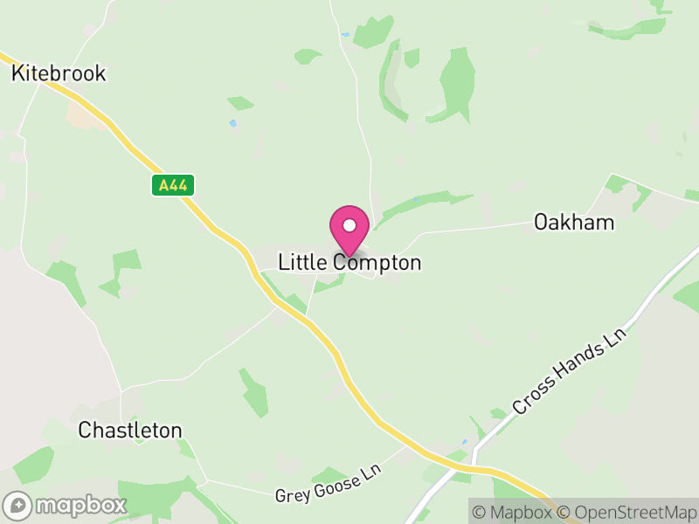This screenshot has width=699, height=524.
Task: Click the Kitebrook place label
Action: tap(59, 73)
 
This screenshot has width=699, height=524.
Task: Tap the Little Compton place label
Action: tap(349, 262)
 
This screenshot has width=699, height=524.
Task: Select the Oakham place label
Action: tap(574, 223)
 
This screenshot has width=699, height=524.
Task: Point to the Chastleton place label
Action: tap(130, 430)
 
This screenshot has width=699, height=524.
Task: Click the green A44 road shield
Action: tap(173, 185)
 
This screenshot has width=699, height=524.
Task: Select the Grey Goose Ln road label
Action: tap(329, 483)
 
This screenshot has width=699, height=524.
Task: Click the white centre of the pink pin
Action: tap(349, 225)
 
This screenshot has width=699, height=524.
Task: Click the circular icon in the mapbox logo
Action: tap(17, 505)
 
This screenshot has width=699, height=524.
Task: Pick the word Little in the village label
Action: tap(300, 262)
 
